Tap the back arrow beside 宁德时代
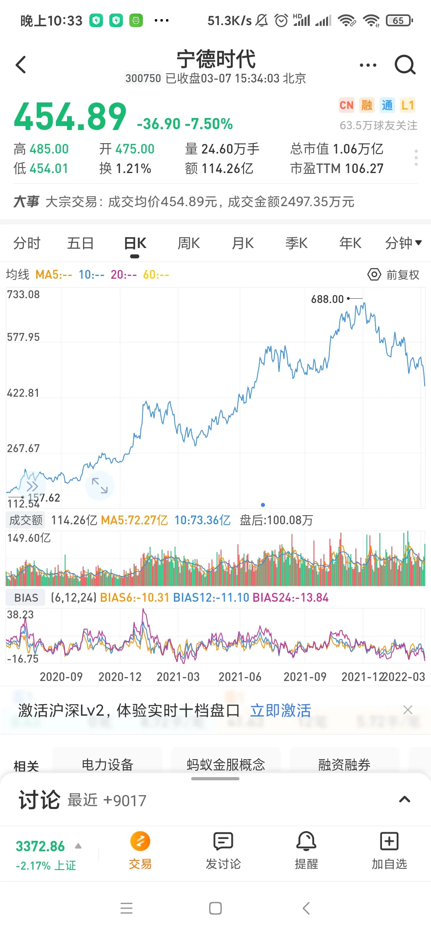[x=21, y=65]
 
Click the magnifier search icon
[x=405, y=65]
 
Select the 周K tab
[x=189, y=243]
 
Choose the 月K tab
[x=243, y=243]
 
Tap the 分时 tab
[x=27, y=243]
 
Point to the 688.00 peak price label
[x=327, y=299]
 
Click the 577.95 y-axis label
[x=24, y=337]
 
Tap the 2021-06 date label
[x=240, y=677]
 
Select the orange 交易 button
[x=140, y=842]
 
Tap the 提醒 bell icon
[x=306, y=842]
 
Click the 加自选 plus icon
[x=389, y=842]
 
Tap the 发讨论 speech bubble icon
[x=223, y=842]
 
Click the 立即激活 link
[x=281, y=711]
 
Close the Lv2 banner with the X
[x=408, y=710]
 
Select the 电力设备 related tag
[x=107, y=764]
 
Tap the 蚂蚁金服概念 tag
[x=226, y=764]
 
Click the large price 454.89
[x=70, y=116]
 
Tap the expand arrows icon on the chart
[x=100, y=485]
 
